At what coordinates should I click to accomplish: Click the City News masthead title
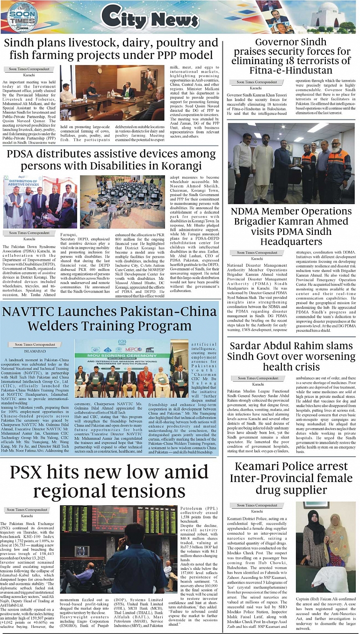[x=143, y=18]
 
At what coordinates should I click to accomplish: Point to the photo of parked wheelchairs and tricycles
[x=122, y=201]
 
